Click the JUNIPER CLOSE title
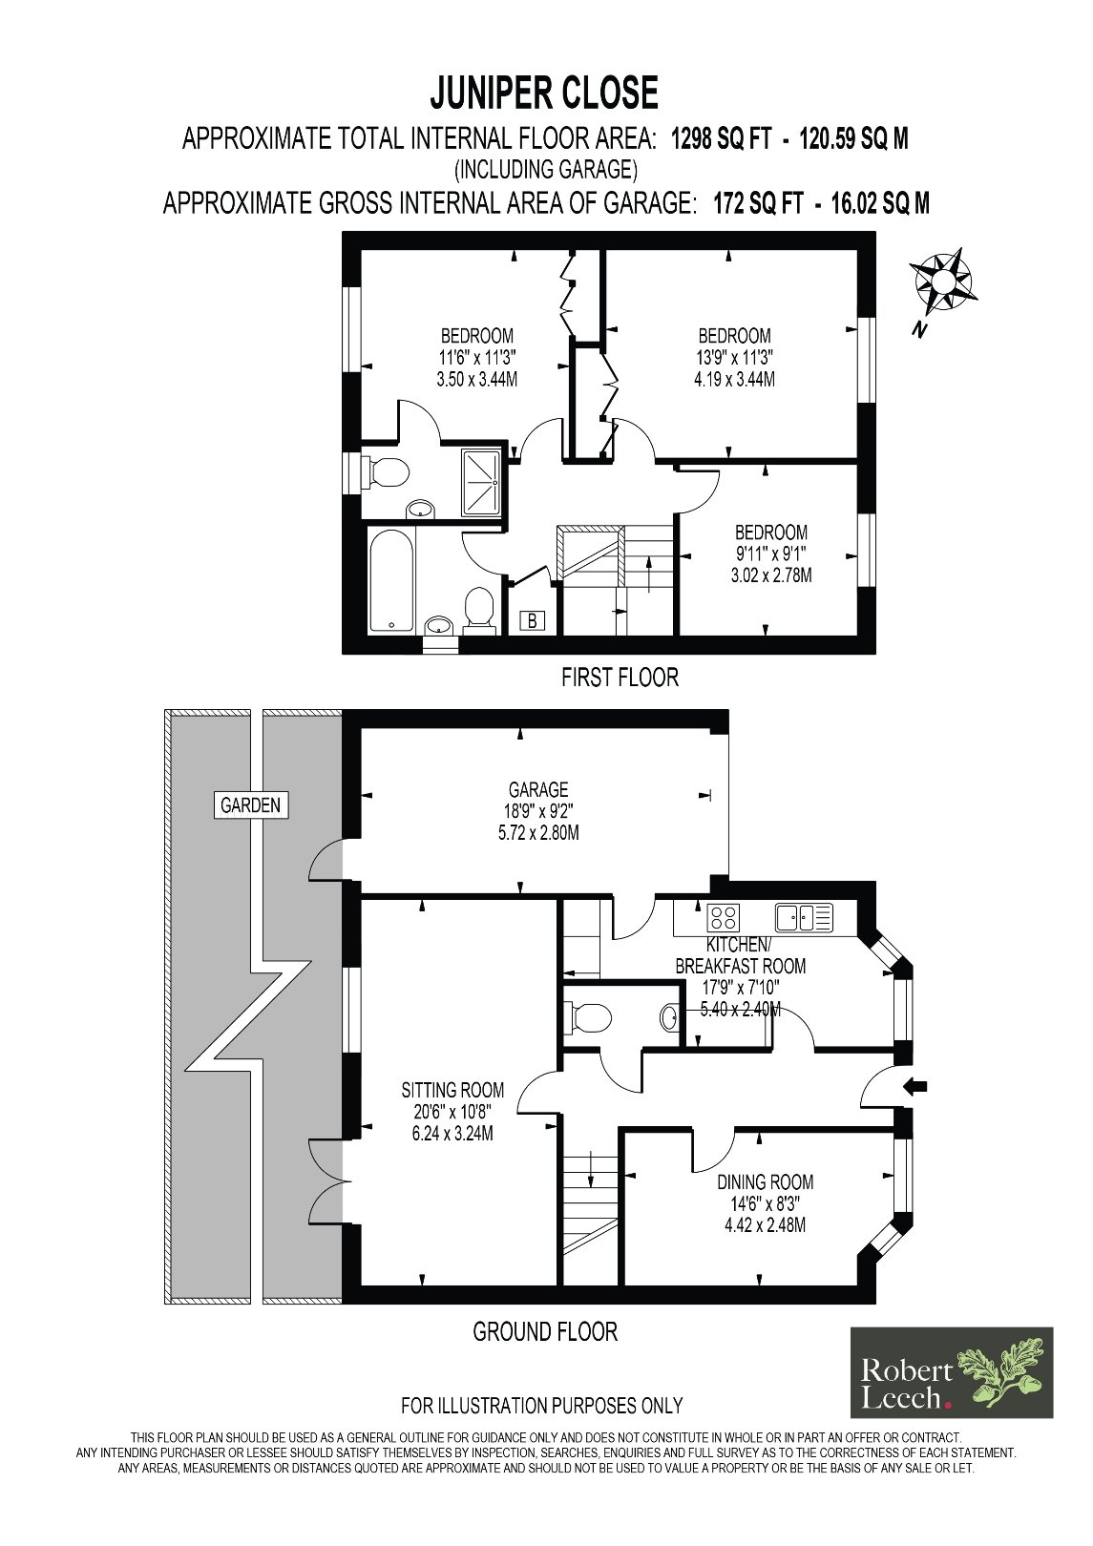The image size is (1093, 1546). pos(544,94)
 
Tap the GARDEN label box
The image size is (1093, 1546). pos(251,804)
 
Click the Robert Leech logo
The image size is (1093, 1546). pos(952,1372)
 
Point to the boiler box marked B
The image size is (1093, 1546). pos(533,620)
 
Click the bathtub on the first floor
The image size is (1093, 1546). pos(390,580)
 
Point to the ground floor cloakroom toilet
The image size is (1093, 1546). pos(588,1017)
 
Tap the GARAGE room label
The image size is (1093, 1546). pos(538,789)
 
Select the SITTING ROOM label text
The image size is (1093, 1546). pos(452,1090)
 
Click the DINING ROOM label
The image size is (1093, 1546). pos(765,1181)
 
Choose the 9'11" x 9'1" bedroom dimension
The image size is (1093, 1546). pos(770,554)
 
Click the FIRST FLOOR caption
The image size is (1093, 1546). pos(620,678)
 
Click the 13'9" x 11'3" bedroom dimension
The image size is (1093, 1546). pos(735,357)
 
